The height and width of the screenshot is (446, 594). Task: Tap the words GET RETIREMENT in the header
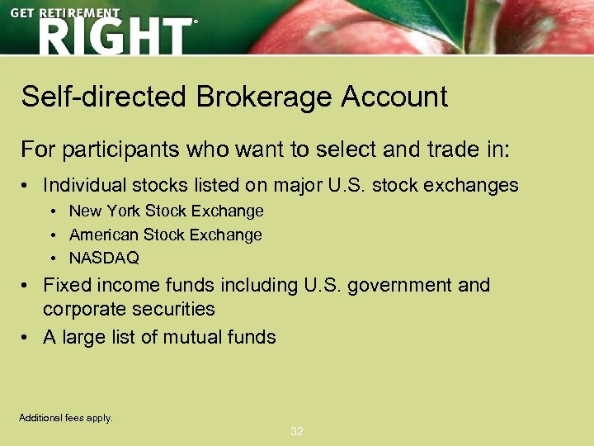65,14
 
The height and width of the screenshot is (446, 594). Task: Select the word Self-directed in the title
104,97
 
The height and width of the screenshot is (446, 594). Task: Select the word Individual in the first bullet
85,186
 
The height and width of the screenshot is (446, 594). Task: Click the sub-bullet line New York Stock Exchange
166,211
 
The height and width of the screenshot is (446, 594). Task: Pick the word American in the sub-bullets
104,235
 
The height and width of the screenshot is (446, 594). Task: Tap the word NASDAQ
104,258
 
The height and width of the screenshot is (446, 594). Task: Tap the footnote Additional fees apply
66,418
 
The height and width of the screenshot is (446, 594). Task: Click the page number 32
297,431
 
